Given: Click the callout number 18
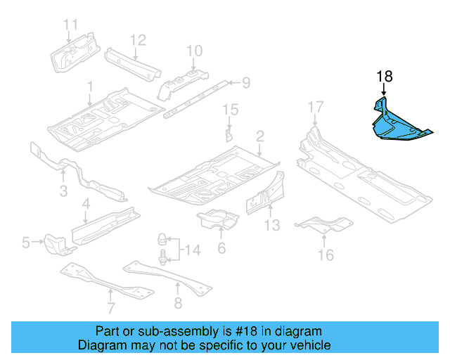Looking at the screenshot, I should (385, 77).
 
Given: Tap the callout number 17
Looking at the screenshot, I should (316, 107).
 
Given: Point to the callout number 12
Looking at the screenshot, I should (137, 39).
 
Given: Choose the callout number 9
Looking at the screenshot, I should (246, 83).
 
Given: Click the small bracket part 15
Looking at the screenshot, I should (229, 134).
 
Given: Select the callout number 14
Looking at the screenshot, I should (193, 249).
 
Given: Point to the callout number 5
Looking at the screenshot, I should (26, 243).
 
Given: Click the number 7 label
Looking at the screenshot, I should (110, 307).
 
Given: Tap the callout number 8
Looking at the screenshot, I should (177, 303).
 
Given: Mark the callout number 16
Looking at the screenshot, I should (326, 255).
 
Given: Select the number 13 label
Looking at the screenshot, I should (272, 225).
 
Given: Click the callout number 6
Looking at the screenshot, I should (221, 247).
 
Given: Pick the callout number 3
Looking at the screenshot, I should (63, 191).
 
